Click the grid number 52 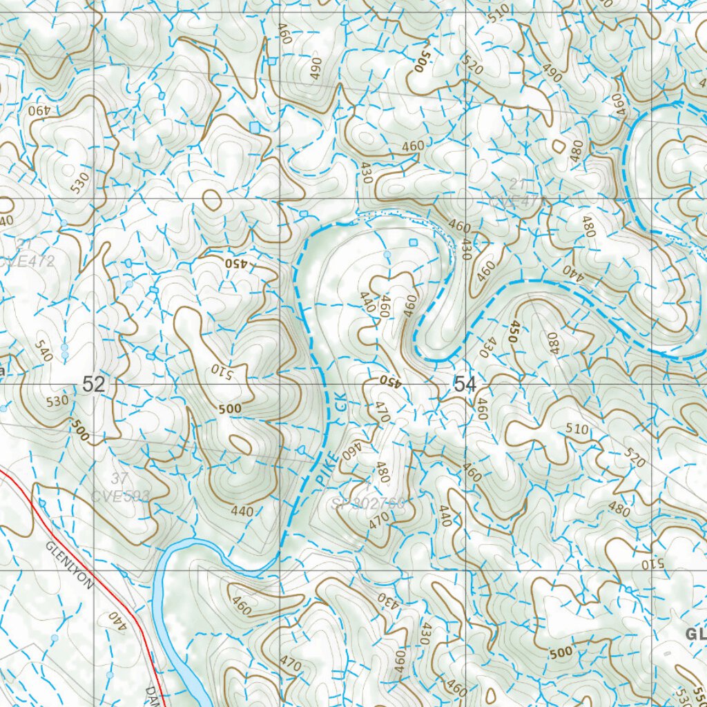pos(93,385)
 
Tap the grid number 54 pos(465,385)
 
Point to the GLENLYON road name pos(70,565)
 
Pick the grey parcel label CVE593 pos(120,494)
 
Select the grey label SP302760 pos(367,503)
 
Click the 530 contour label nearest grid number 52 pos(57,400)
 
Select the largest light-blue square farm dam pos(255,127)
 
